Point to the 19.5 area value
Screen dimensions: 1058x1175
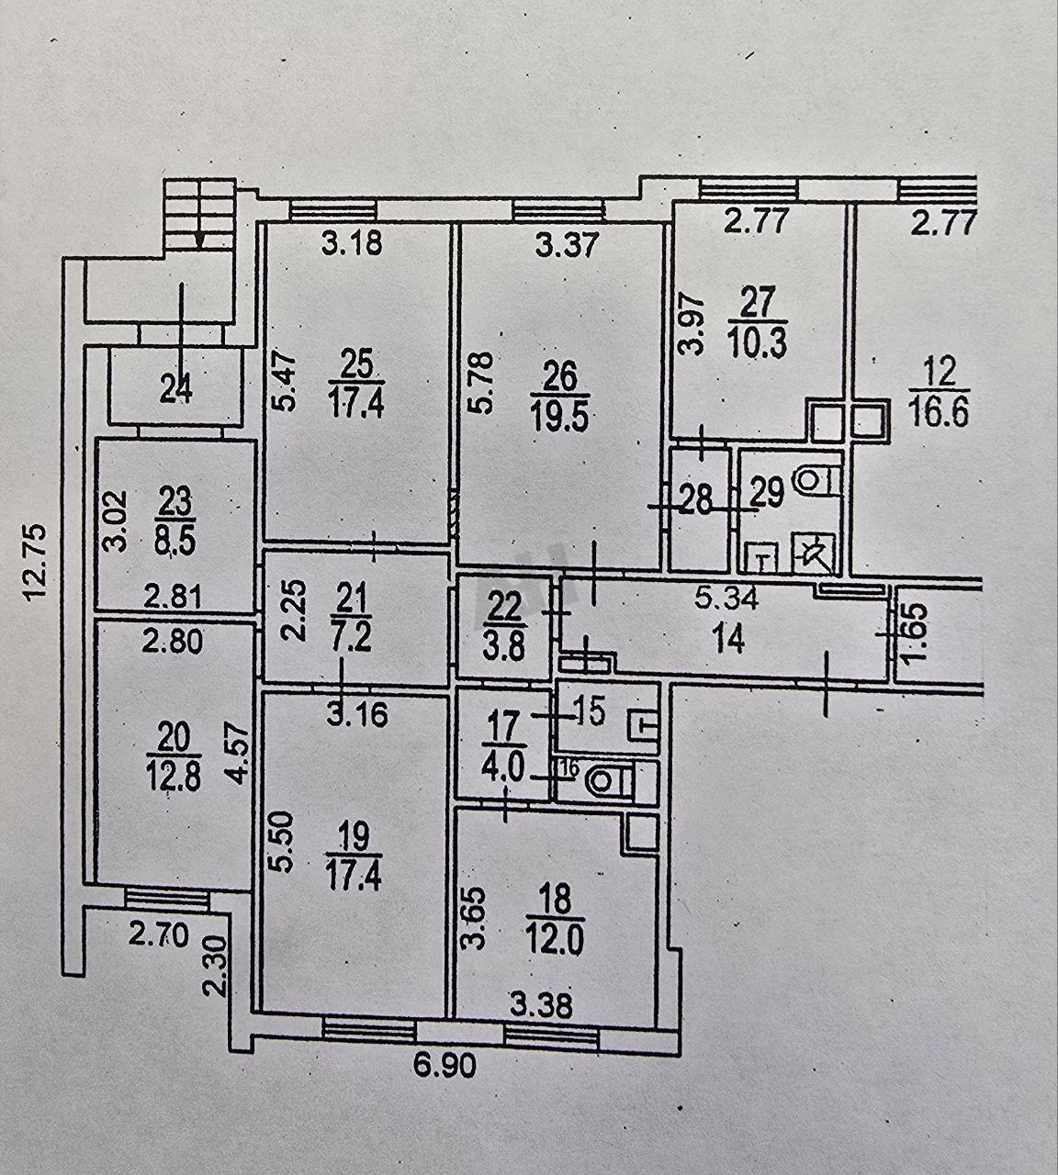tap(559, 419)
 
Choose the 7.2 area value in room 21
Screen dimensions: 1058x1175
tap(351, 638)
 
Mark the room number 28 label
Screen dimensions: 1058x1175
tap(696, 501)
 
